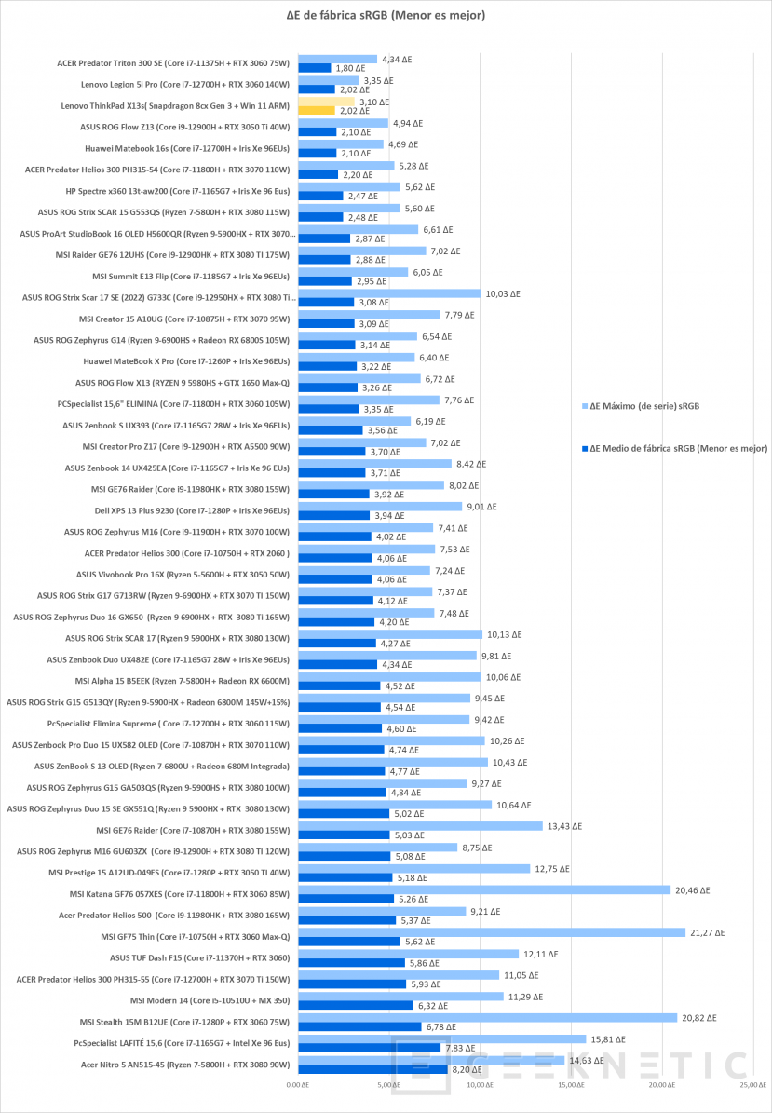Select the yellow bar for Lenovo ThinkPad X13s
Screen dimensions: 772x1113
(x=317, y=111)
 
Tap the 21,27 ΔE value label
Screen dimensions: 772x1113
(x=708, y=932)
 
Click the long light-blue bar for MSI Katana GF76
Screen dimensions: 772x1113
(x=484, y=890)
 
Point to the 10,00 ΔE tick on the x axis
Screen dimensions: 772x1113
(x=481, y=1085)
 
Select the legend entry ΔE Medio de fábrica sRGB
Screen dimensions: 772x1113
(x=674, y=449)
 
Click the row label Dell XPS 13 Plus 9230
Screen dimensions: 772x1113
(x=192, y=510)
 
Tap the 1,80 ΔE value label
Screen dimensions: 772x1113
(x=350, y=68)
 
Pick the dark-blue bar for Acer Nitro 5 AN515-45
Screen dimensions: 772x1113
(x=372, y=1069)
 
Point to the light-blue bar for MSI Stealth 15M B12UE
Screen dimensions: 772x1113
(x=487, y=1018)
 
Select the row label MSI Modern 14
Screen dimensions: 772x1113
(x=210, y=1000)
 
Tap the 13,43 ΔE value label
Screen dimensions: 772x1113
(x=565, y=826)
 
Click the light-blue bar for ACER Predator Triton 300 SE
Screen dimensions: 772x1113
(x=337, y=60)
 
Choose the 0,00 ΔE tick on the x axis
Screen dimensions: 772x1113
(x=298, y=1085)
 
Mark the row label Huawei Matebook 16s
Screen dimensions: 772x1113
(x=186, y=148)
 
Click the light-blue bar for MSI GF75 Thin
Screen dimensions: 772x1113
(x=492, y=932)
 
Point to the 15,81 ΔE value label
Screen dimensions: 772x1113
(x=608, y=1039)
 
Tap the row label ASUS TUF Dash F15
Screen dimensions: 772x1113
(x=199, y=957)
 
